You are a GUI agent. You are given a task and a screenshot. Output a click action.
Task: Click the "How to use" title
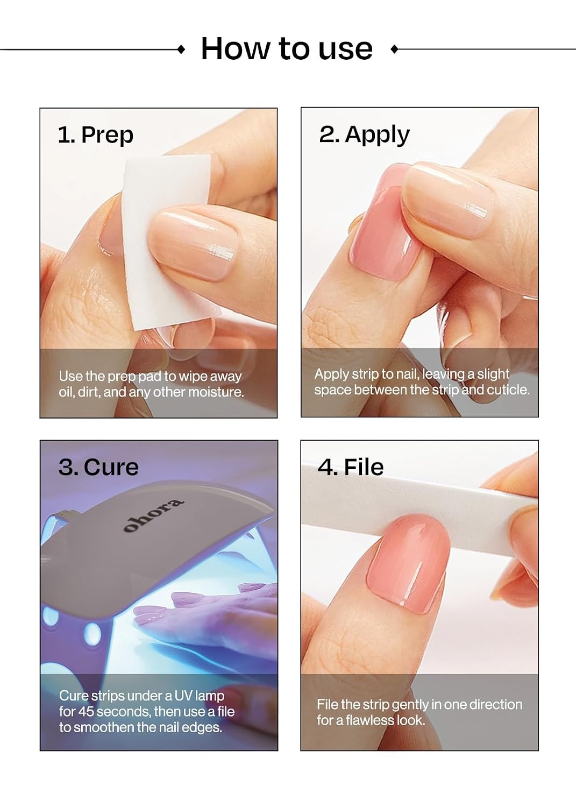287,48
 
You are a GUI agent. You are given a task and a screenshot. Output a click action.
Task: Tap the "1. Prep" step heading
95,134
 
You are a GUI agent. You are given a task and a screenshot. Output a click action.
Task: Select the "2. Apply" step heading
364,134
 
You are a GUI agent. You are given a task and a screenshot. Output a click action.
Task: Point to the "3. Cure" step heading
98,468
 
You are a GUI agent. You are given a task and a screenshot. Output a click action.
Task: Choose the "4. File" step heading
351,468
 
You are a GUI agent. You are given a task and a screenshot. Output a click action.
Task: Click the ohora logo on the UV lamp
153,515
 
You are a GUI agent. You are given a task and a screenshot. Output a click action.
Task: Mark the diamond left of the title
182,49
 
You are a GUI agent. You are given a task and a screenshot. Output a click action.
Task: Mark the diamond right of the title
394,49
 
